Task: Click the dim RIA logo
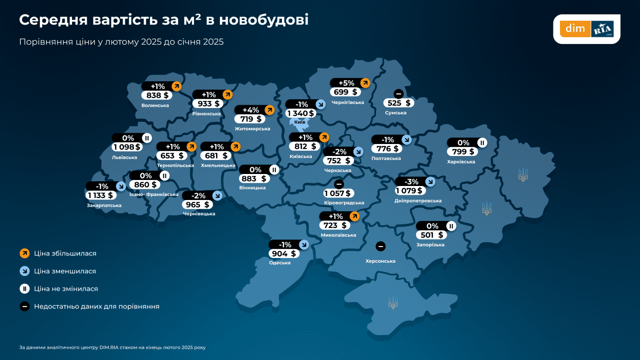pos(586,29)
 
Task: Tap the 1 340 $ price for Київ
pos(301,113)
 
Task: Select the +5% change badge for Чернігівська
pos(346,83)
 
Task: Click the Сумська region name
pos(396,113)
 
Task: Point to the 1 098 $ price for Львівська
pos(127,147)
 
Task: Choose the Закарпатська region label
pos(104,206)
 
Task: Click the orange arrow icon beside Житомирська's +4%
pos(270,110)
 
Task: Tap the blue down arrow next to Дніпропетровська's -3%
pos(430,182)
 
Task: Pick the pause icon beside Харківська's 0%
pos(482,143)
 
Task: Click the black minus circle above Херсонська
pos(380,246)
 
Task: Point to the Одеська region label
pos(280,263)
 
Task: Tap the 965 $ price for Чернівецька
pos(197,205)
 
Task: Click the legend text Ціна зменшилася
pos(65,271)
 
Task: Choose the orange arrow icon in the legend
pos(25,254)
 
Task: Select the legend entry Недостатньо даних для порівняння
pos(96,306)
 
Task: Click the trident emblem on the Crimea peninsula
pos(393,303)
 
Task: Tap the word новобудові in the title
pos(264,20)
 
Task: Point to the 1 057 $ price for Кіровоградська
pos(337,194)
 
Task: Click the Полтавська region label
pos(386,158)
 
